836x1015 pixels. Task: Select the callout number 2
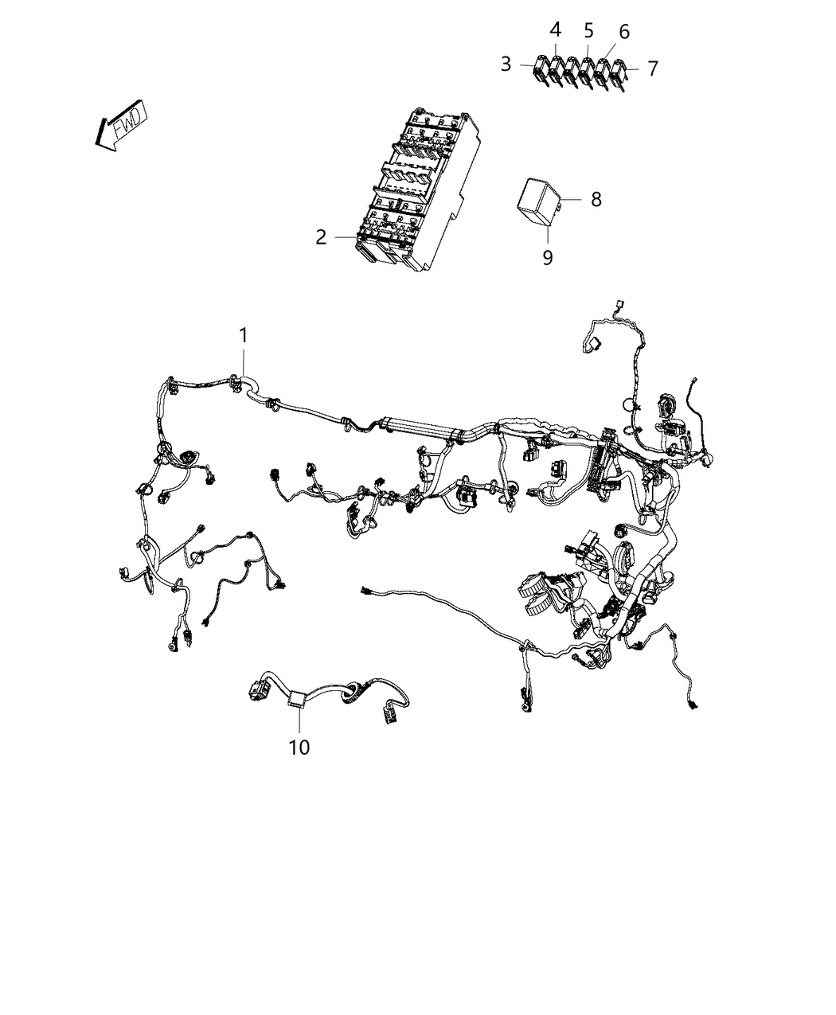321,237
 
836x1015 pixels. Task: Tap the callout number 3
506,64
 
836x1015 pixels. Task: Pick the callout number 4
556,30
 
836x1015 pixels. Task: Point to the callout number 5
589,31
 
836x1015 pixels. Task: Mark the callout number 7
653,68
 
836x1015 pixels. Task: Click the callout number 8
596,199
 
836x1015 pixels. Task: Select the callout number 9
548,258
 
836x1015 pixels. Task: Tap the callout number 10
299,748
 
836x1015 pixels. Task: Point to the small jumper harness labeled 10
334,697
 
